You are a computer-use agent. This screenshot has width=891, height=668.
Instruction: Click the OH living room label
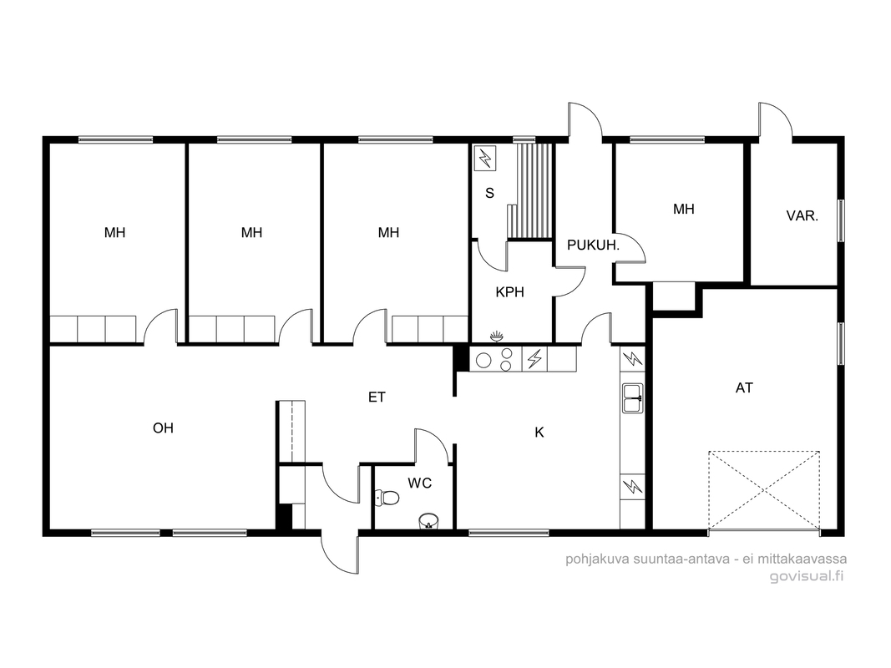pyautogui.click(x=163, y=428)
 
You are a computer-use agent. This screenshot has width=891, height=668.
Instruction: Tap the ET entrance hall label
pyautogui.click(x=377, y=397)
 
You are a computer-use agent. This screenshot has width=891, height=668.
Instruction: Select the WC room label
pyautogui.click(x=420, y=483)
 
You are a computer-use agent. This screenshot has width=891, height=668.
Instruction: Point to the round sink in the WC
pyautogui.click(x=428, y=521)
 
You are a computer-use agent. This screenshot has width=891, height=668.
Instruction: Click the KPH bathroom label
pyautogui.click(x=509, y=292)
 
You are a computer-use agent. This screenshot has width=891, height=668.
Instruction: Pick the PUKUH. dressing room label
pyautogui.click(x=593, y=245)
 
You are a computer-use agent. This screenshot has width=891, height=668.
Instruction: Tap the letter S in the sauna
pyautogui.click(x=490, y=193)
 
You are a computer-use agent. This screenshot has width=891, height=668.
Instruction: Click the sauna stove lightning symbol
pyautogui.click(x=485, y=157)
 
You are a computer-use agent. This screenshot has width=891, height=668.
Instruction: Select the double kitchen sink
pyautogui.click(x=632, y=397)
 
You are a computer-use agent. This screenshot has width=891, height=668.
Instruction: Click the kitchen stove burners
pyautogui.click(x=494, y=360)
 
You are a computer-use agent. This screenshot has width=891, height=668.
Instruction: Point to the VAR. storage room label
pyautogui.click(x=802, y=216)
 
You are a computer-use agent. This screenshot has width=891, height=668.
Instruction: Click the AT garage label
pyautogui.click(x=744, y=388)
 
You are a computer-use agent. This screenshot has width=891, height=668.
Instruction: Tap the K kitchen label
pyautogui.click(x=539, y=433)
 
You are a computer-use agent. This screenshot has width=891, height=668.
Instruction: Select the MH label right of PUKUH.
pyautogui.click(x=684, y=209)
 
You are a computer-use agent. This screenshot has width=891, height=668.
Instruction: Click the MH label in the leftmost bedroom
pyautogui.click(x=114, y=232)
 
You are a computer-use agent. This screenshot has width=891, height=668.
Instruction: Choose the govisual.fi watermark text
pyautogui.click(x=807, y=576)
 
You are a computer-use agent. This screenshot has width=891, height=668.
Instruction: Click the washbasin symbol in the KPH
pyautogui.click(x=497, y=337)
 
